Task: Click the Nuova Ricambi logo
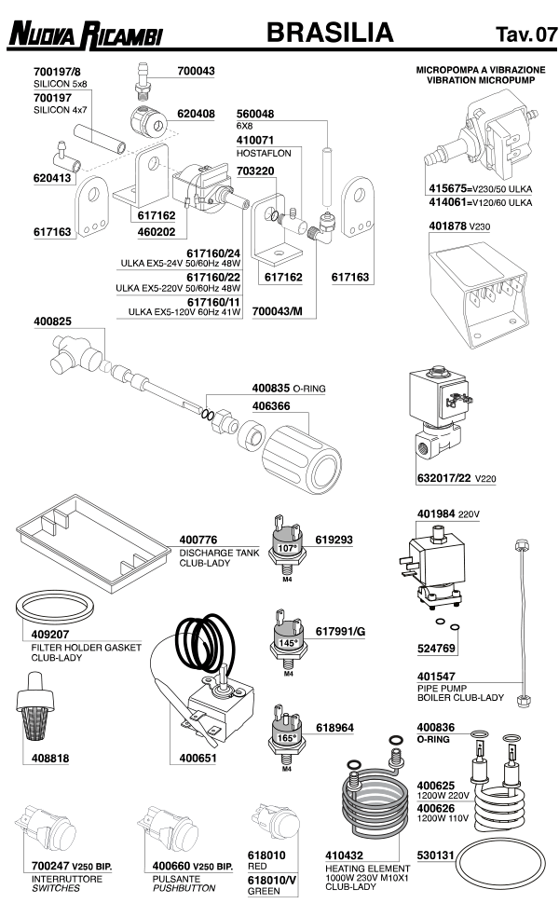[x=85, y=36]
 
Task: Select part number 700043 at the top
[x=196, y=71]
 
